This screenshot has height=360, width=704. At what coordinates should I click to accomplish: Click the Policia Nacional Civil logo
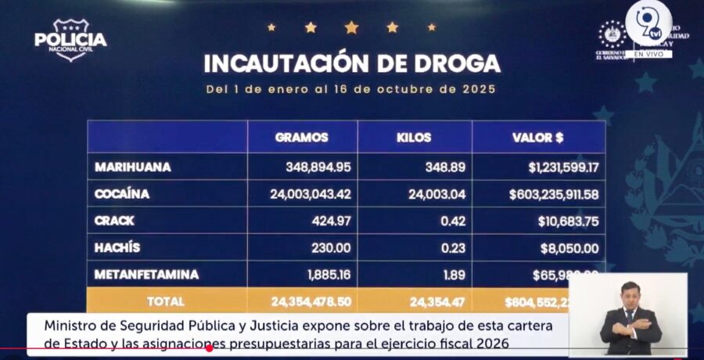[x=70, y=40]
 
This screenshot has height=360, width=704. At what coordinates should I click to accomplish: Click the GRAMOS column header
[x=302, y=138]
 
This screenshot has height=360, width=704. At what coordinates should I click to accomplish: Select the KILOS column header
[x=414, y=138]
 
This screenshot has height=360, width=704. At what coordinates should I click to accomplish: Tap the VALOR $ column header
[x=538, y=138]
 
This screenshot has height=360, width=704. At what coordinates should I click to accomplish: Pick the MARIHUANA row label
[x=133, y=167]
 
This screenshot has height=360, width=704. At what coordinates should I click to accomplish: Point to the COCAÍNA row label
[x=122, y=194]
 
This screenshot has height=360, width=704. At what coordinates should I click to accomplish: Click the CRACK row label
[x=114, y=221]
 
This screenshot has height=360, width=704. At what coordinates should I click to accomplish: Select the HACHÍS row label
[x=117, y=248]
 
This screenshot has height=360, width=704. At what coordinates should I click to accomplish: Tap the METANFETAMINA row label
[x=146, y=275]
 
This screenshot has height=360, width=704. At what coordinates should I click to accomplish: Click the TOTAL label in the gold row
[x=166, y=301]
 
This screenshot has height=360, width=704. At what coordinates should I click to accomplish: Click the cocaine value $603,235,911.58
[x=553, y=194]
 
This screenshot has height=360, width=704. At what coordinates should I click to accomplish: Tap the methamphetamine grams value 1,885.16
[x=327, y=275]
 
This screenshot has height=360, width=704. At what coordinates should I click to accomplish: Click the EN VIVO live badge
[x=648, y=54]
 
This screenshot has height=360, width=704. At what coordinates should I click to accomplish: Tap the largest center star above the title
[x=351, y=27]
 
